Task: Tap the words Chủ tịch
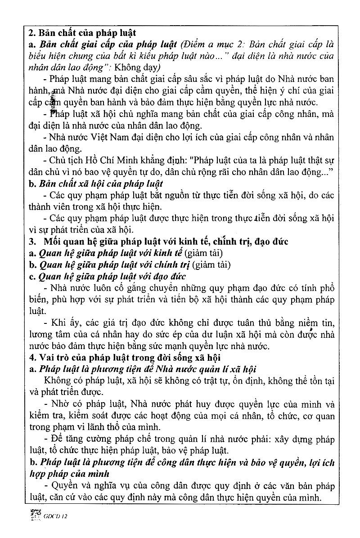67,160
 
